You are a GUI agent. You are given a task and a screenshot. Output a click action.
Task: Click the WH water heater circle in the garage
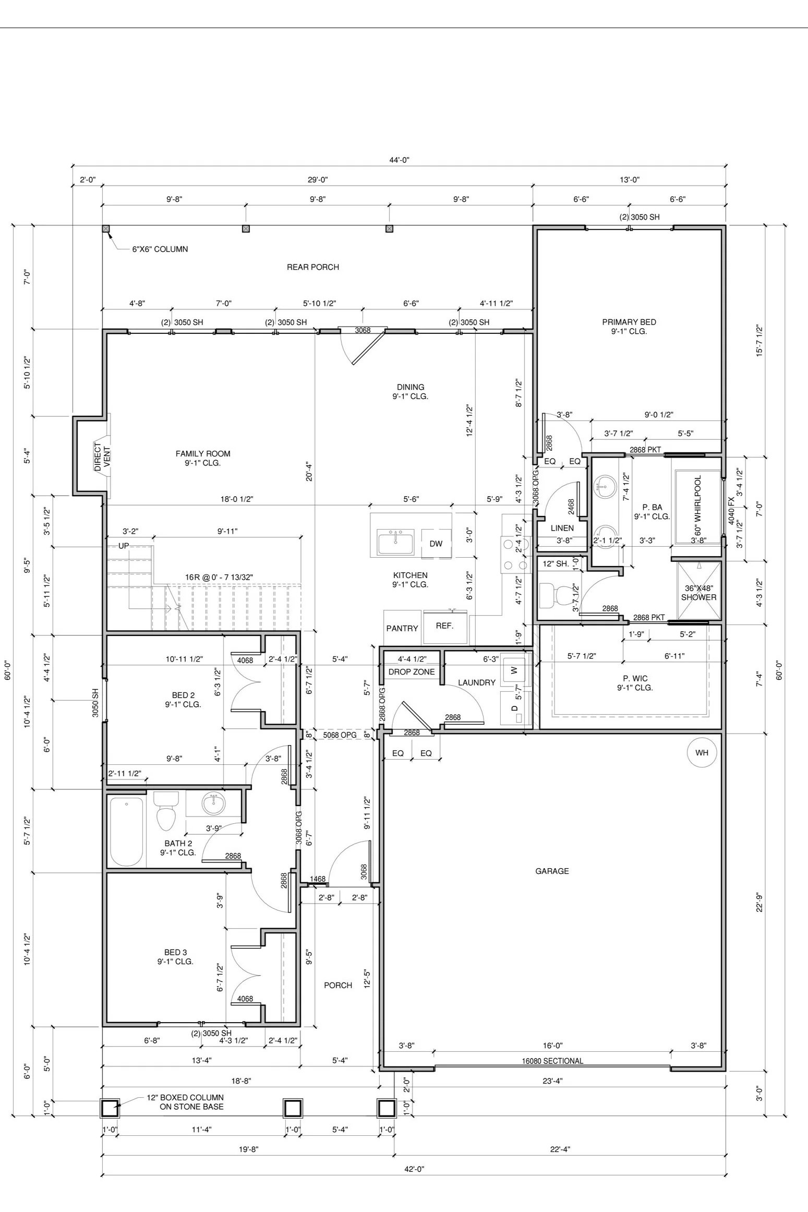click(702, 752)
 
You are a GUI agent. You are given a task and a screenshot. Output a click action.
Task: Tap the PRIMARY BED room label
click(629, 322)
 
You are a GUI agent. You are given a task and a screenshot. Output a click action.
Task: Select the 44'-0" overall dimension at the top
click(400, 160)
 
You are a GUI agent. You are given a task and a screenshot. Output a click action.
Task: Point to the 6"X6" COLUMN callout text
click(160, 249)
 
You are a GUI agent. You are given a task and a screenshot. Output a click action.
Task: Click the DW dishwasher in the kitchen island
click(436, 544)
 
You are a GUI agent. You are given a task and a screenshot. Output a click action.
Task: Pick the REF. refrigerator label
click(444, 626)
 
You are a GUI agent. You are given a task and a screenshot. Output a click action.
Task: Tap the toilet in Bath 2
click(166, 811)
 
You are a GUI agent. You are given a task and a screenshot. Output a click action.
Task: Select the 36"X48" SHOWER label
click(698, 593)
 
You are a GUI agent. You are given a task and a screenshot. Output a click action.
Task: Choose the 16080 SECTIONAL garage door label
click(552, 1060)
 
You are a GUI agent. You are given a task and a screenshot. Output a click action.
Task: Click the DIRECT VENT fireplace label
click(102, 457)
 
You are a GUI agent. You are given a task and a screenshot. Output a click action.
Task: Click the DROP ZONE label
click(412, 672)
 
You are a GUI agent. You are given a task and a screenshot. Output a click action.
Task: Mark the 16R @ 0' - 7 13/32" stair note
click(219, 577)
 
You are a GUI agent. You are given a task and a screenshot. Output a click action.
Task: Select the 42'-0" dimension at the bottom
click(414, 1169)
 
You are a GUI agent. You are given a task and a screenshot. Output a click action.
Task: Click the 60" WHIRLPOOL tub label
click(698, 505)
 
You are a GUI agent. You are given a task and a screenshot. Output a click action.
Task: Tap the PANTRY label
click(402, 628)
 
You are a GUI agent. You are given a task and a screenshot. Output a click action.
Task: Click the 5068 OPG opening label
click(340, 735)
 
